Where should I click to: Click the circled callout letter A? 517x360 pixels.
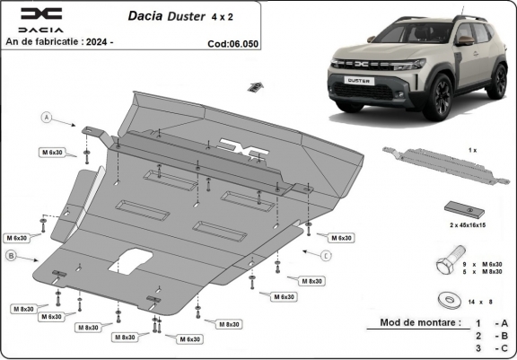tap(46, 117)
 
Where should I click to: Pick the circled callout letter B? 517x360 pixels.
tap(11, 257)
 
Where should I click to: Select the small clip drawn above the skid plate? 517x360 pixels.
tap(256, 86)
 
